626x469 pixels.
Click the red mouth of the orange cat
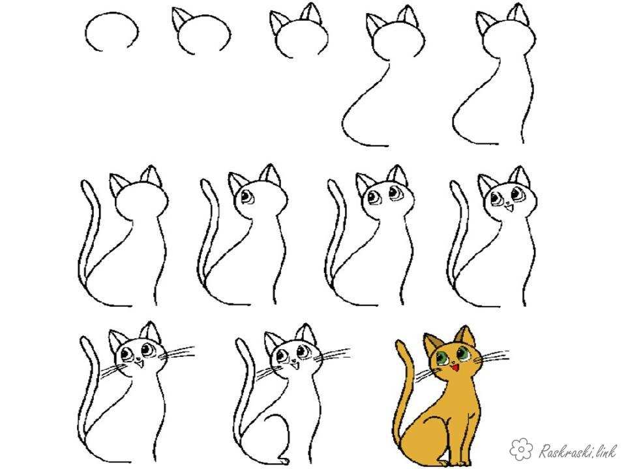455,367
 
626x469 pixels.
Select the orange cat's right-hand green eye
463,353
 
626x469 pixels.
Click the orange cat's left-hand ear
432,343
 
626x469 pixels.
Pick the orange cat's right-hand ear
466,335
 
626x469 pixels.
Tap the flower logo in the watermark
522,449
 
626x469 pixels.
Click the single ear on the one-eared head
180,18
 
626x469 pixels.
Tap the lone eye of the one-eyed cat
245,197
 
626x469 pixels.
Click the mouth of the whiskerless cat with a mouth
508,207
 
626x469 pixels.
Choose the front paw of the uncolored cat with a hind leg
284,460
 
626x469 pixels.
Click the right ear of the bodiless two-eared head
312,13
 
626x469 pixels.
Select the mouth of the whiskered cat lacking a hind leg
140,363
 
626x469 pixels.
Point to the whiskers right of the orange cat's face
492,356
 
